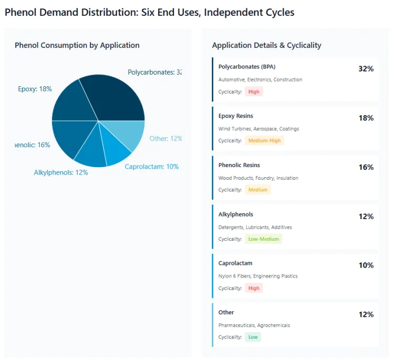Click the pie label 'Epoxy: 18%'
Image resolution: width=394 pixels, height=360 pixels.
coord(35,89)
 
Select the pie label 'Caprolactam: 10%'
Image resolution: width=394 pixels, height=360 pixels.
coord(151,167)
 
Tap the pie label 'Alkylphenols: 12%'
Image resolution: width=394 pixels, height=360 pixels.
coord(60,172)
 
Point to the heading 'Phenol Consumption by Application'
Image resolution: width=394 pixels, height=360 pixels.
coord(77,45)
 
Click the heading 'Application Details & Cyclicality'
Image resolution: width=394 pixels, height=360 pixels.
coord(266,45)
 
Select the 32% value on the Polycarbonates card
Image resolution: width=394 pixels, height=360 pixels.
coord(366,69)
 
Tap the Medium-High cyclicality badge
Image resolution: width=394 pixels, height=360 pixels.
coord(264,140)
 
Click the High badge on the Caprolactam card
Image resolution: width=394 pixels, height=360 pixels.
coord(254,288)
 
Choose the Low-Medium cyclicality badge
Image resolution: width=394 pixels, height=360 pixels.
coord(263,239)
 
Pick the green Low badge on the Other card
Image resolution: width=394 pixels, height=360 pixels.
coord(253,337)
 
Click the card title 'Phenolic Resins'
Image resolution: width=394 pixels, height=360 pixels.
coord(239,165)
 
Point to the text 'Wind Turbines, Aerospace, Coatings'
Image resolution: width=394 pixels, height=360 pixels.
coord(258,129)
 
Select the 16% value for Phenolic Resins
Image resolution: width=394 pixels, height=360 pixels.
coord(366,167)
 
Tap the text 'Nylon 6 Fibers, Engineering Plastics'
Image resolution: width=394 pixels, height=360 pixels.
coord(258,276)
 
